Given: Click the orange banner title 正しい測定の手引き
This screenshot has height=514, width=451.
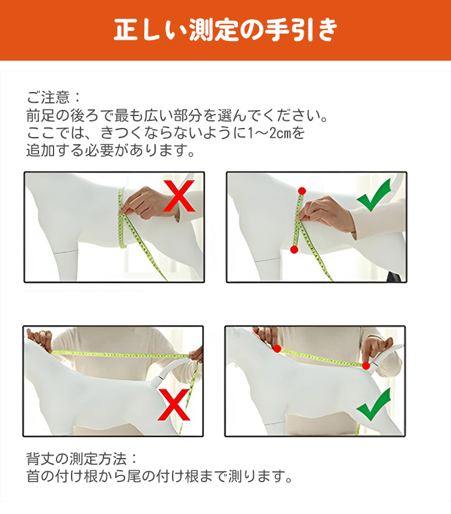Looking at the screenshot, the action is click(x=226, y=30).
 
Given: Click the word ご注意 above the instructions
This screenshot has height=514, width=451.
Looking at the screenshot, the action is click(x=48, y=97).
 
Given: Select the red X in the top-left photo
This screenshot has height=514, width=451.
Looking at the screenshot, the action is click(x=179, y=196).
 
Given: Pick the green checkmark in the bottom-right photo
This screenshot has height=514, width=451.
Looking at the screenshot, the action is click(x=373, y=405).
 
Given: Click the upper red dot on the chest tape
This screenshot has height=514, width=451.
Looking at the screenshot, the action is click(x=302, y=191).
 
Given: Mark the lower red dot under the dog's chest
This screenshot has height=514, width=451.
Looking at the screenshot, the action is click(x=294, y=250).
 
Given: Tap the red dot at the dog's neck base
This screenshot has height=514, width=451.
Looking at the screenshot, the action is click(x=277, y=349).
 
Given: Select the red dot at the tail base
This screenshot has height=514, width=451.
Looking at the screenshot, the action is click(x=366, y=366).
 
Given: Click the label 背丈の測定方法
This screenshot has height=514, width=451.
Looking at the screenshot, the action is click(x=76, y=459).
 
